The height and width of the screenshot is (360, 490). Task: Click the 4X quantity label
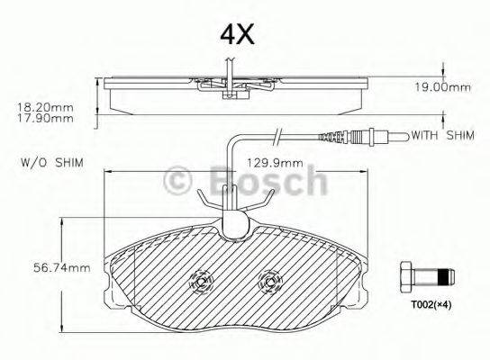238,34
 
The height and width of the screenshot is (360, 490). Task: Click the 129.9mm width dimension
274,163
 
